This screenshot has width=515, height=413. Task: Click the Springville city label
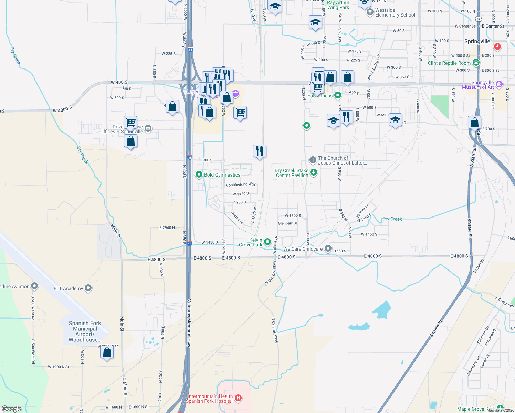coord(477,41)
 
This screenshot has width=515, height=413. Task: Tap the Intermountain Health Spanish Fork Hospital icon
coord(238,399)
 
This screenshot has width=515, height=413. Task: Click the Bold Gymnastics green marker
coord(199,175)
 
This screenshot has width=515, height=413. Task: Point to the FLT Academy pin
coord(88,288)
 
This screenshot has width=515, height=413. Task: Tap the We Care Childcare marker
coord(328,248)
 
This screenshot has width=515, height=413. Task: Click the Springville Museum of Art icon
coord(500,84)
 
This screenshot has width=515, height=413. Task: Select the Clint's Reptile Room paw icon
coord(476,63)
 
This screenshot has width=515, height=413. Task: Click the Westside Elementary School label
coord(395,13)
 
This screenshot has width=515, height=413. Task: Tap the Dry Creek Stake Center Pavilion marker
coord(313,172)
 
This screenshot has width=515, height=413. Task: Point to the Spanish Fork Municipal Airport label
coord(85,331)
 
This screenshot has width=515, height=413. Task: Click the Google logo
coord(12,409)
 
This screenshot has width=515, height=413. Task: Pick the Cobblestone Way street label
coord(241,185)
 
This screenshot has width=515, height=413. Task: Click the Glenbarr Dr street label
coord(287,223)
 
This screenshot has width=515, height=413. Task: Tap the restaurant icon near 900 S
coord(260,151)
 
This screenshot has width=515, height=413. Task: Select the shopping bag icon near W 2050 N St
coord(107,352)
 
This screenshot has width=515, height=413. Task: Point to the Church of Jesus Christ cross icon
coord(313,160)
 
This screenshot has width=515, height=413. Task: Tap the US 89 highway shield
coord(479,20)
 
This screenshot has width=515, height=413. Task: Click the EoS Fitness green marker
coord(338,95)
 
